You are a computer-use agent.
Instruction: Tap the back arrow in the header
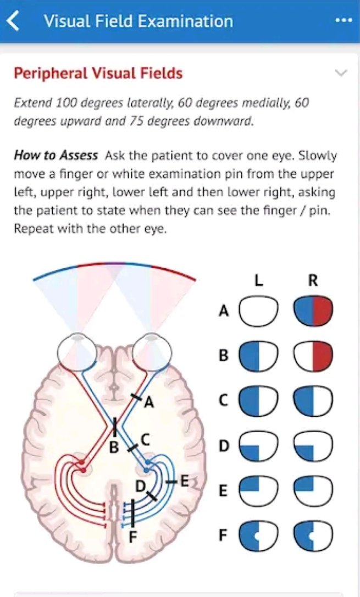(x=13, y=21)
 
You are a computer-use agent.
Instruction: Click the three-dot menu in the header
(x=343, y=20)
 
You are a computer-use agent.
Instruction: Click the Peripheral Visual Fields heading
(x=98, y=73)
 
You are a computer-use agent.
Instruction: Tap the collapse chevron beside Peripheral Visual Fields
(x=341, y=73)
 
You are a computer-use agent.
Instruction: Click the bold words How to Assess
(x=56, y=155)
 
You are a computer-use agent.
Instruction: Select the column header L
(x=258, y=280)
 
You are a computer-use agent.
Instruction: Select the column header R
(x=313, y=280)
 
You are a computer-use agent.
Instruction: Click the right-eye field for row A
(x=313, y=311)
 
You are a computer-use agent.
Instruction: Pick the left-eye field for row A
(x=258, y=311)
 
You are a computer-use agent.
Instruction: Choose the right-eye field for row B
(x=313, y=356)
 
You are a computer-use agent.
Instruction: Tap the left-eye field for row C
(x=258, y=400)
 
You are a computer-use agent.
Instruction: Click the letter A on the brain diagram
(x=148, y=403)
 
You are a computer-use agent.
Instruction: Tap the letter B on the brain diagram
(x=113, y=447)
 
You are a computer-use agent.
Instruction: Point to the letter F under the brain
(x=132, y=536)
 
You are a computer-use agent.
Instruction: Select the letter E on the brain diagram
(x=184, y=482)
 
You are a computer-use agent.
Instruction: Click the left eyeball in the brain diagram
(x=76, y=350)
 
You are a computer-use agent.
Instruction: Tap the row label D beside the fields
(x=224, y=445)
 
